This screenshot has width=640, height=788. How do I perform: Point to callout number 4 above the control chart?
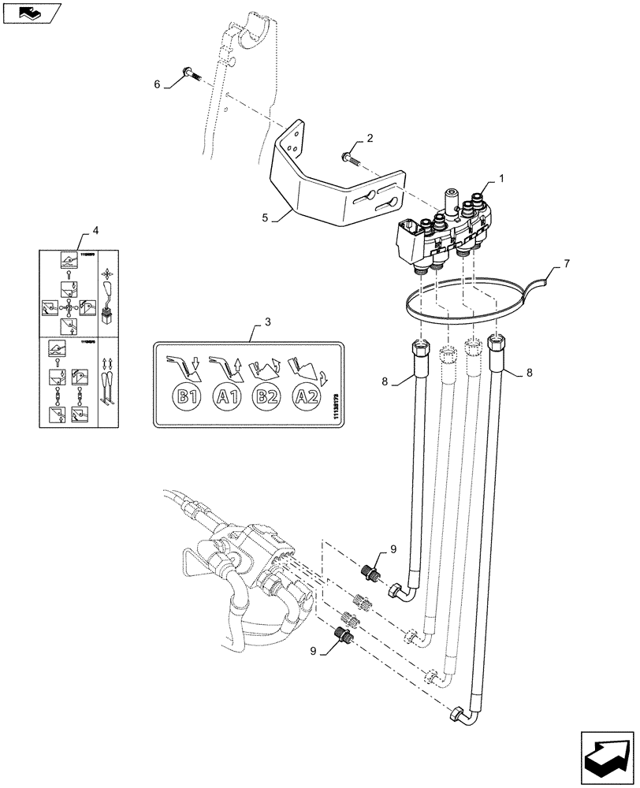pos(95,231)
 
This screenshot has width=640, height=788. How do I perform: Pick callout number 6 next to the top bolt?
pos(156,83)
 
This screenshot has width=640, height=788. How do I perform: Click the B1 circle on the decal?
pos(186,396)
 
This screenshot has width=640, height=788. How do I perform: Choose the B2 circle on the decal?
pos(267,396)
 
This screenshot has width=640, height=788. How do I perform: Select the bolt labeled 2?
pos(348,160)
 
